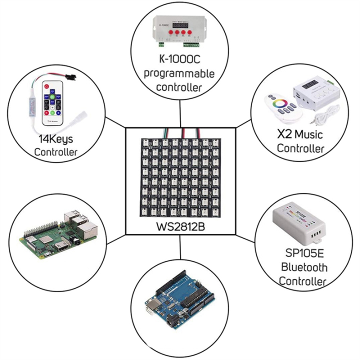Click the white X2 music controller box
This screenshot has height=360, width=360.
click(x=313, y=93)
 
